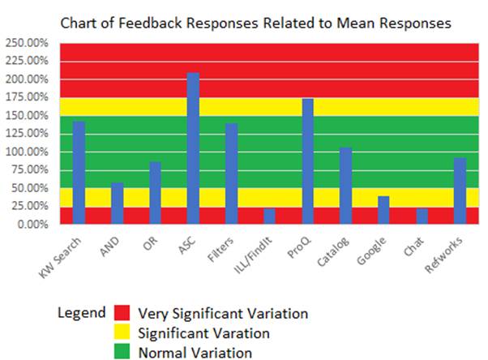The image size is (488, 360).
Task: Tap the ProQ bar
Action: (x=308, y=161)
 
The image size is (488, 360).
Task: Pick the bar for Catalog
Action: (x=345, y=186)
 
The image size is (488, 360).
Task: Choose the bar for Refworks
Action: (x=460, y=191)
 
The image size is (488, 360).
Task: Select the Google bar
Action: (x=383, y=210)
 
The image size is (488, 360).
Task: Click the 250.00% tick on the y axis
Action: (x=26, y=43)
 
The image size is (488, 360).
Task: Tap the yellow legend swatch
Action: (x=122, y=332)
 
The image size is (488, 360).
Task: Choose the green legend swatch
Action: (x=122, y=352)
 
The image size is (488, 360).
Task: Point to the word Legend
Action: (x=81, y=312)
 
